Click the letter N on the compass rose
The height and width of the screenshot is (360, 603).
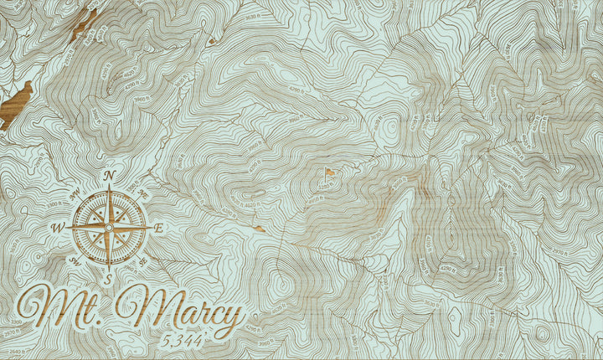(110, 175)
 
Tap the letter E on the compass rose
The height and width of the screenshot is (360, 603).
(159, 227)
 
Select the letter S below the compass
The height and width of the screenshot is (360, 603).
(109, 279)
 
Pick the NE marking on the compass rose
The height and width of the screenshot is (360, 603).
(142, 193)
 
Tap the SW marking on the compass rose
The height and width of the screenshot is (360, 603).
(75, 261)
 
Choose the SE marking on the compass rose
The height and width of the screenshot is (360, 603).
(142, 260)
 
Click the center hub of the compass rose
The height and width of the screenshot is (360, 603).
(109, 227)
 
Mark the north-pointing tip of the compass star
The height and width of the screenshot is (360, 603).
(110, 186)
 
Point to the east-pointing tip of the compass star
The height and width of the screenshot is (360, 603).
(151, 227)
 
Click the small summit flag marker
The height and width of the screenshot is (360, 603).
(330, 173)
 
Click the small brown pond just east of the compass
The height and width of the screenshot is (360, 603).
(260, 228)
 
